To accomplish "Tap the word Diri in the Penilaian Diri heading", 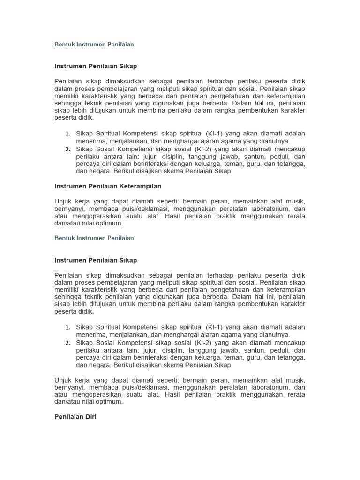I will (90, 416).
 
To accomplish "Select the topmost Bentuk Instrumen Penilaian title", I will (94, 45).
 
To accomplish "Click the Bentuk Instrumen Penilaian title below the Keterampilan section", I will (94, 238).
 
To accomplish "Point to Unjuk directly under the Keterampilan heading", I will (63, 202).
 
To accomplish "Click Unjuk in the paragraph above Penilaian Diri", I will (63, 380).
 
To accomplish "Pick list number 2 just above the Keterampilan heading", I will (68, 149).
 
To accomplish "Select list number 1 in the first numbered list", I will (68, 134).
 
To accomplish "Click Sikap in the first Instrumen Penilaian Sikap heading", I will (127, 66).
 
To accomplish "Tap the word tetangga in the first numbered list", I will (292, 164).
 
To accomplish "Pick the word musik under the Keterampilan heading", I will (296, 202).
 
